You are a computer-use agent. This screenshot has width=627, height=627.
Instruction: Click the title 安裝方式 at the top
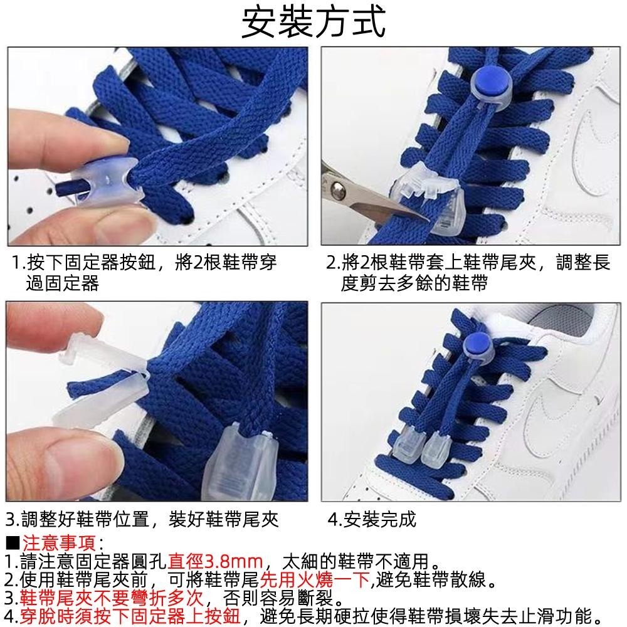(313, 22)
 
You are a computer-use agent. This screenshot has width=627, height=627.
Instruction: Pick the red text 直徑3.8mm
(215, 561)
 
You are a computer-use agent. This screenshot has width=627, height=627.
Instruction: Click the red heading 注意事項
(59, 543)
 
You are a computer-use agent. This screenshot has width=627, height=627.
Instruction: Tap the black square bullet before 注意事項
(13, 544)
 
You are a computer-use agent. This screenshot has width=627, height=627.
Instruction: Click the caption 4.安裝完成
(372, 519)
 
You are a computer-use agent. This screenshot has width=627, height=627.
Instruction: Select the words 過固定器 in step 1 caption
(62, 283)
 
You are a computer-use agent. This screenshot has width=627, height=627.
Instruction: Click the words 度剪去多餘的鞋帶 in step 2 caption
(414, 283)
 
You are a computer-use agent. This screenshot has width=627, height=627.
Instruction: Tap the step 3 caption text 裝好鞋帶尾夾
(224, 519)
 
